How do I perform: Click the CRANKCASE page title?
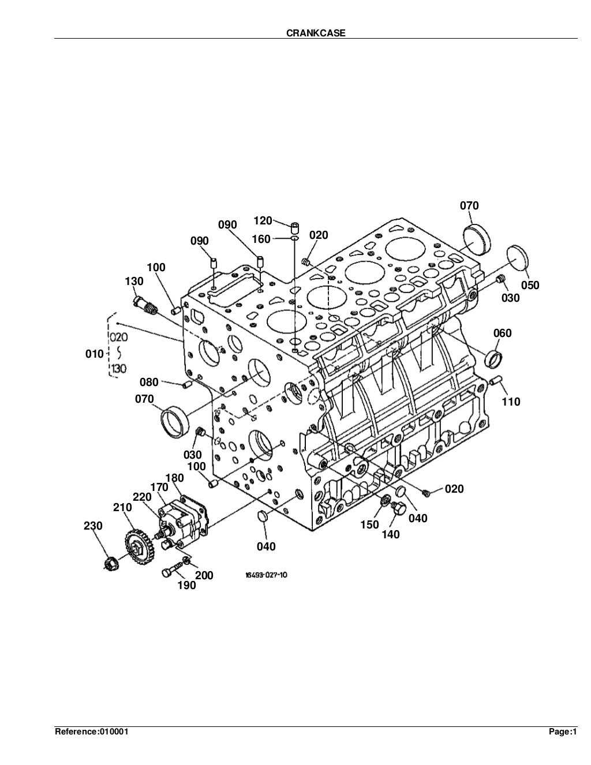[316, 33]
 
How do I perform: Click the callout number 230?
[93, 526]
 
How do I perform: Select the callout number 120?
[263, 220]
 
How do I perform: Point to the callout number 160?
[261, 239]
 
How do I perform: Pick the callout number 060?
[502, 333]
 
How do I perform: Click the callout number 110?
[511, 402]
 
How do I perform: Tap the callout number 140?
[390, 535]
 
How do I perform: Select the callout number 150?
[369, 524]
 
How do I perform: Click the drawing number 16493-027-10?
[265, 575]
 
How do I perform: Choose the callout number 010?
[95, 354]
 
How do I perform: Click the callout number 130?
[134, 281]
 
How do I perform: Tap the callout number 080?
[149, 382]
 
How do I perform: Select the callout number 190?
[186, 586]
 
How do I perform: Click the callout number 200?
[204, 575]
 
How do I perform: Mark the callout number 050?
[530, 285]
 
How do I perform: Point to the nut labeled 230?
[110, 563]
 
